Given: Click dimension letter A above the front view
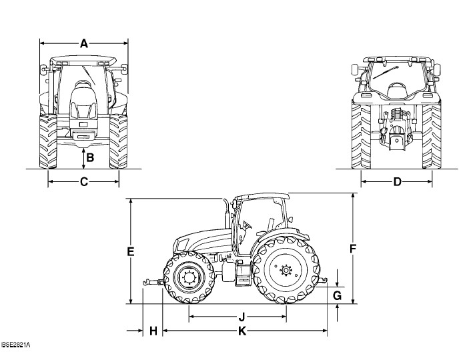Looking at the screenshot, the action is point(84,43).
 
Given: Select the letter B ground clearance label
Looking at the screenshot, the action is point(90,157).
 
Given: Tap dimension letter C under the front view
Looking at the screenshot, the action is point(84,181).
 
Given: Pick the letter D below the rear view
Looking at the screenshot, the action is point(397,181).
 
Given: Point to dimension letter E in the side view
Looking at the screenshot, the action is point(130,252).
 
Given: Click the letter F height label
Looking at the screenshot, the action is point(353,249).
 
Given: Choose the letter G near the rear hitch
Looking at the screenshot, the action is point(337,296).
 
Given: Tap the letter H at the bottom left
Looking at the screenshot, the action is point(153,331).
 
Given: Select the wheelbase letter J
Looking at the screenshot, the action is point(242,317).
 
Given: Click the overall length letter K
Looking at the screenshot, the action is point(242,331).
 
